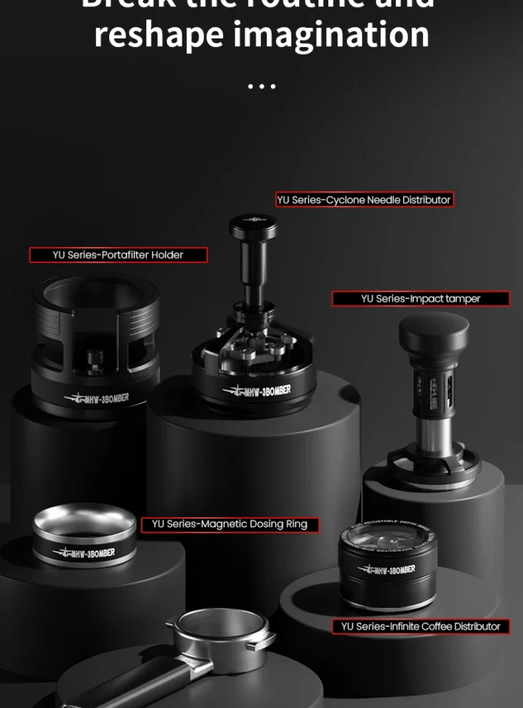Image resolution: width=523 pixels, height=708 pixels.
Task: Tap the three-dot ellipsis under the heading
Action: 261,85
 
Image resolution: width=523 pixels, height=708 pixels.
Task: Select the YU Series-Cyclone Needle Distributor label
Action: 364,200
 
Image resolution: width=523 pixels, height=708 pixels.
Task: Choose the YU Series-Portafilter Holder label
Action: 118,255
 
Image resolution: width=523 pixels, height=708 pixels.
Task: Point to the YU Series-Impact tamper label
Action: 420,299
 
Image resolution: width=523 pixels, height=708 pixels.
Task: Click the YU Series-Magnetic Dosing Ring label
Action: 229,524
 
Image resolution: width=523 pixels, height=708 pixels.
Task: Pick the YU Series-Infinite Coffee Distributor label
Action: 421,626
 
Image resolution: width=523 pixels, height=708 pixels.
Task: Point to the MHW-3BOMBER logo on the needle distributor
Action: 257,391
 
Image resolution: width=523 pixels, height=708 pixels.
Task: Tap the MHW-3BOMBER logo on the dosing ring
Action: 84,553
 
